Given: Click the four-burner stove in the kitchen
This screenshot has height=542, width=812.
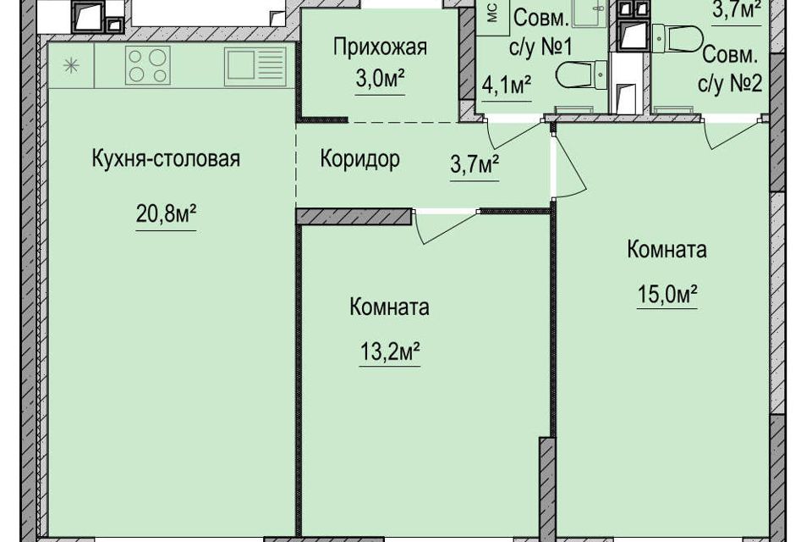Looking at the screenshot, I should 148,66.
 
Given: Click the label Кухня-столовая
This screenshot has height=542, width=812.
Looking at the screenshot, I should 166,158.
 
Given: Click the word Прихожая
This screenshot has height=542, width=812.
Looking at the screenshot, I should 380,47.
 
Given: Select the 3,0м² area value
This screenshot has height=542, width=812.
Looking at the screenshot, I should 380,84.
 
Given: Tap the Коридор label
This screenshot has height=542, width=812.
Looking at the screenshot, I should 359,159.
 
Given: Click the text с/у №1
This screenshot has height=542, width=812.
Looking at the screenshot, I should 542,47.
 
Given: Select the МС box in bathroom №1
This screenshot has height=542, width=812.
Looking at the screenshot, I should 492,13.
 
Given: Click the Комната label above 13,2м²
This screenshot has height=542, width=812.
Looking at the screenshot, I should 389,307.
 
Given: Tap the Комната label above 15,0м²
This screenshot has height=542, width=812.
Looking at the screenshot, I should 667,250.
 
